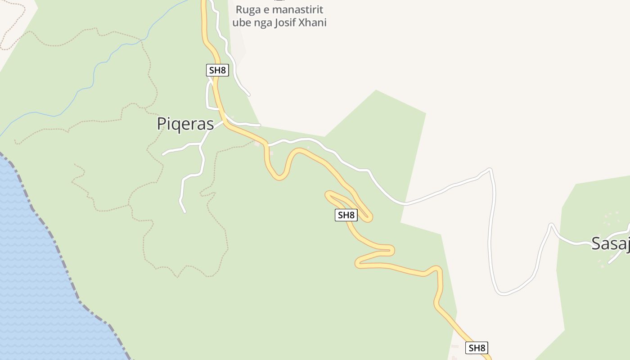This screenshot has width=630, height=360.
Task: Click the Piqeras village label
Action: tap(185, 124)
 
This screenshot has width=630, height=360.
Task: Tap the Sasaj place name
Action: tap(610, 243)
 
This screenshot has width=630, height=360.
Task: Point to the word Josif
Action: tap(287, 22)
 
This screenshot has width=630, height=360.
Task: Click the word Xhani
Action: tap(314, 22)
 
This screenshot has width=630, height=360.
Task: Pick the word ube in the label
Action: tap(241, 22)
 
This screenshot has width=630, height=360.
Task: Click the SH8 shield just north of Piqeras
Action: tap(217, 70)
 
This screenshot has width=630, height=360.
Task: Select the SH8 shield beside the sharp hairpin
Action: tap(346, 215)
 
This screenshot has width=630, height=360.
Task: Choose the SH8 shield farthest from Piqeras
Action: tap(477, 347)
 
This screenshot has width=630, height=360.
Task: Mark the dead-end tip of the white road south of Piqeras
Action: tap(184, 211)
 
